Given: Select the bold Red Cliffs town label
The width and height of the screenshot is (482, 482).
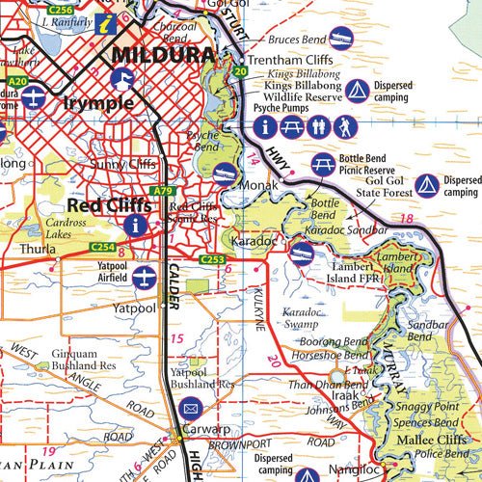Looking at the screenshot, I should point(105,205).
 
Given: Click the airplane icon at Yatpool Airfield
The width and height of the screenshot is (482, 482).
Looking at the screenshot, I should point(145,277).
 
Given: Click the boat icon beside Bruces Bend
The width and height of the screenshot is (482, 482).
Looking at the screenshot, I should point(340,40).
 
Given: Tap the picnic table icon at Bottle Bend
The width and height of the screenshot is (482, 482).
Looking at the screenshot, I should point(322,165).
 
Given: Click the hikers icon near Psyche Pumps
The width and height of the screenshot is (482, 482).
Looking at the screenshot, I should point(345,126).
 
